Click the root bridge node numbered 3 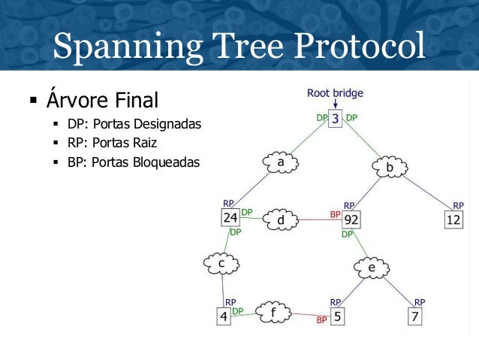[335, 119]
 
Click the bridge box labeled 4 [223, 316]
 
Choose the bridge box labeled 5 [338, 316]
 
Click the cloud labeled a [280, 162]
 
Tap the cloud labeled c [221, 264]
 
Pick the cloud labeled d [281, 221]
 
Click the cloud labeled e [371, 268]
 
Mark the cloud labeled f [273, 311]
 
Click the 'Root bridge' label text [335, 94]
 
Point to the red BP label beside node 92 [336, 214]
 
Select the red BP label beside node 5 [321, 320]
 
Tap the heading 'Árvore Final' [102, 99]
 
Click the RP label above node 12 [458, 205]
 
